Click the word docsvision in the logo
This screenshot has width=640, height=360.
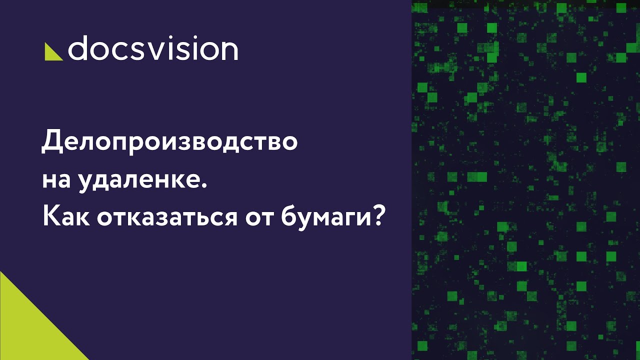[x=152, y=49]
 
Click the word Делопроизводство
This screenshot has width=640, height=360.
[x=169, y=142]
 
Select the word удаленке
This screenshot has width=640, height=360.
[x=142, y=180]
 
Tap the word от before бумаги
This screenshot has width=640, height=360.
[x=259, y=218]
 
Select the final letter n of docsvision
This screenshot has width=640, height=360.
[x=228, y=50]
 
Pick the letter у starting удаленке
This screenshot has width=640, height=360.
[x=86, y=182]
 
